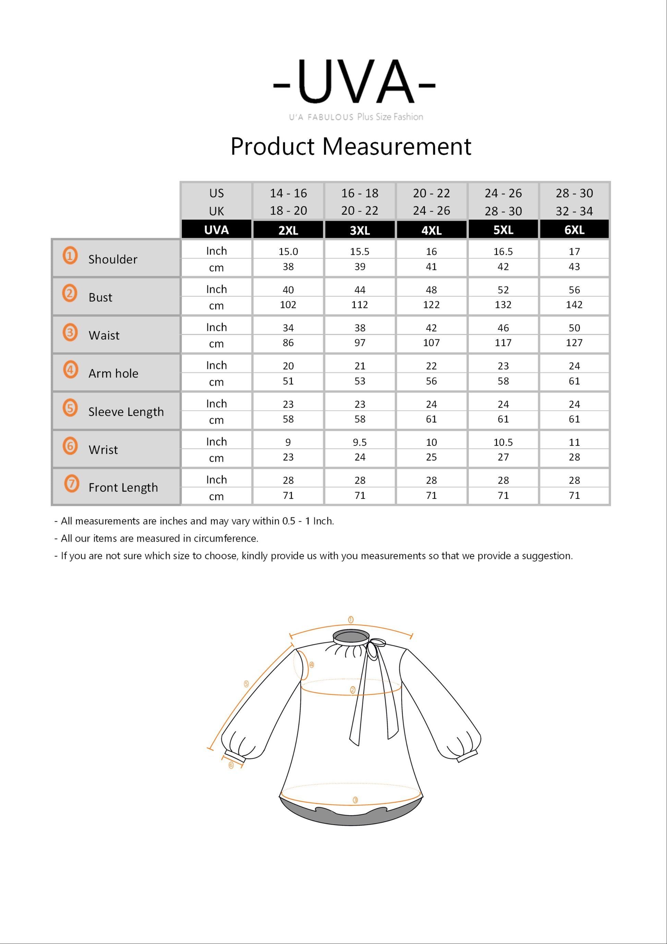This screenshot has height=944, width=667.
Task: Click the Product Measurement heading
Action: coord(351,146)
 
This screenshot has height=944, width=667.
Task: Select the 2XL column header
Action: coord(288,230)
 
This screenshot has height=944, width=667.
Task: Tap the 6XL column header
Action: coord(574,230)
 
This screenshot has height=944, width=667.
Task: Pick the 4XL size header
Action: coord(431,230)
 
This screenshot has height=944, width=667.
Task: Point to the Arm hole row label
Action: coord(113,373)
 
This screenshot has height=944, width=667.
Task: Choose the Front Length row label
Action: coord(123,488)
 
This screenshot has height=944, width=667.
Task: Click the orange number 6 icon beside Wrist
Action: coord(70,446)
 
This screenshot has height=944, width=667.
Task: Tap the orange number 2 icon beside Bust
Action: coord(70,293)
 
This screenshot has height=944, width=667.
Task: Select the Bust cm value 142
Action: coord(574,304)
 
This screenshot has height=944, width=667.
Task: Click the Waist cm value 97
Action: coord(360,343)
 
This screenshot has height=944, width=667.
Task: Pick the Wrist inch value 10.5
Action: coord(503,442)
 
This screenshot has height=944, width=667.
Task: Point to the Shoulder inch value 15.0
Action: coord(288,252)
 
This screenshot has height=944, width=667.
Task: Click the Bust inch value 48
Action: coord(431,290)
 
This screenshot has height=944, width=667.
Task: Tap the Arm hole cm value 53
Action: coord(360,381)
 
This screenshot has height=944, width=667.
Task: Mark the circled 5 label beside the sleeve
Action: coord(246,684)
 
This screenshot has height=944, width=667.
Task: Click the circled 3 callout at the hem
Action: coord(355,800)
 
